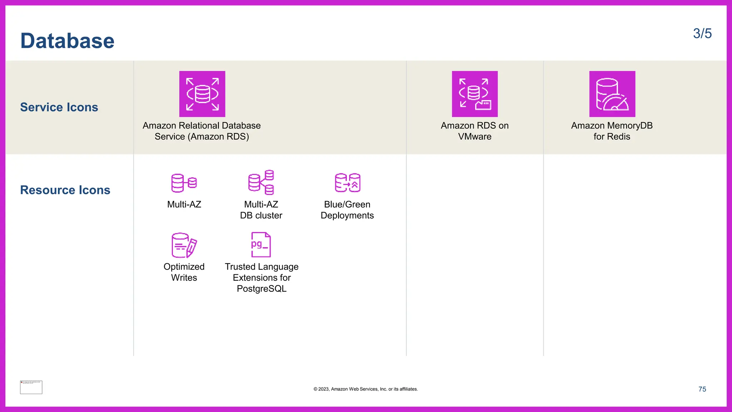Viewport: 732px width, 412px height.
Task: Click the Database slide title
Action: [67, 41]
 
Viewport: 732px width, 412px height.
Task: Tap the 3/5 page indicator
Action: [702, 34]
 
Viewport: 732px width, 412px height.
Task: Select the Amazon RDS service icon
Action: [202, 94]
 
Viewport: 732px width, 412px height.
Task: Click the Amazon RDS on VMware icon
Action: [475, 94]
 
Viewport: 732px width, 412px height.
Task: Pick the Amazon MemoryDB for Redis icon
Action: [612, 94]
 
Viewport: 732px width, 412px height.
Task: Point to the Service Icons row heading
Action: [59, 107]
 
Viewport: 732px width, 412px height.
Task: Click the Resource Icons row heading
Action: [65, 190]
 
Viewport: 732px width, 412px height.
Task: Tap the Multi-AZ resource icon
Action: [184, 183]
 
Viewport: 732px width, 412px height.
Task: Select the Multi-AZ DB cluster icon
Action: [261, 182]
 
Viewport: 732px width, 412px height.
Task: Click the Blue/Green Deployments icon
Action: [347, 183]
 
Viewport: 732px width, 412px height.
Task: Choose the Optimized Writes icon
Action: [184, 245]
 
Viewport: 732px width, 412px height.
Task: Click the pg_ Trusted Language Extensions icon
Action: [261, 245]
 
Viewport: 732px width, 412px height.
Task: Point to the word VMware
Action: [475, 137]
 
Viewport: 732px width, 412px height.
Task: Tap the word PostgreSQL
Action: [262, 289]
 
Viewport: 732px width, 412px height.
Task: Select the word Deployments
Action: [347, 215]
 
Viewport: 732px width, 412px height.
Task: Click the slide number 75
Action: [702, 389]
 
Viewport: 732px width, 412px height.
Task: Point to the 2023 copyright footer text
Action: [365, 389]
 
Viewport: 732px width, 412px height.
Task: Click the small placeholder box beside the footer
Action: [31, 387]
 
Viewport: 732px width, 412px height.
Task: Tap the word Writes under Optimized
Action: [184, 278]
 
